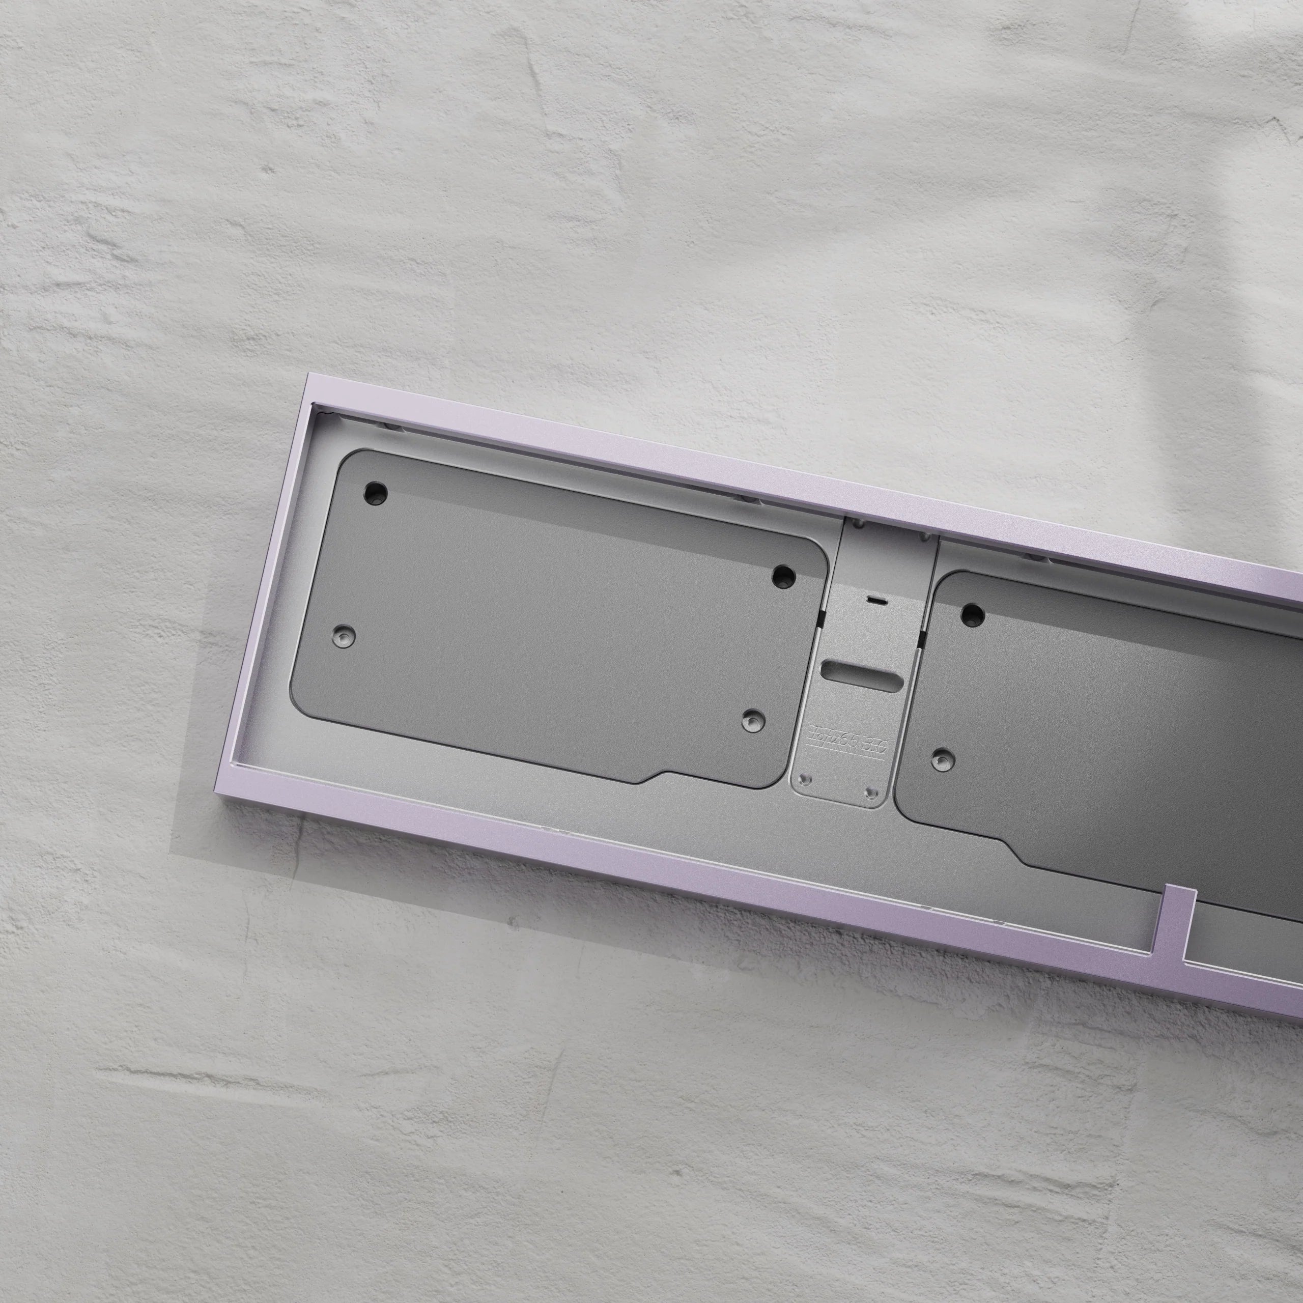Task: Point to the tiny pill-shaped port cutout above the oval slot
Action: [876, 599]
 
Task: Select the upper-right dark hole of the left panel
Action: [783, 575]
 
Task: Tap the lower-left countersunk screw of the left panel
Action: [345, 635]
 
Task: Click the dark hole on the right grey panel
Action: [972, 614]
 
